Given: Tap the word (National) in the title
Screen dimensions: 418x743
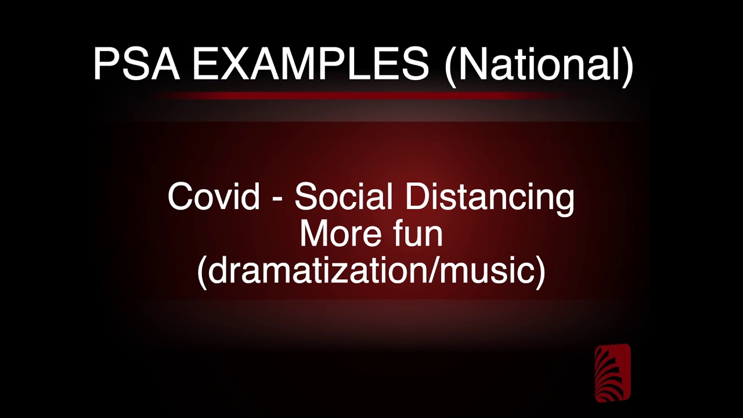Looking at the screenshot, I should click(539, 65).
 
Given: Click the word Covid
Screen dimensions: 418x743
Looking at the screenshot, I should click(214, 196).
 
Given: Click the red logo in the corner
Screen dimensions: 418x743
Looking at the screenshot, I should click(612, 373).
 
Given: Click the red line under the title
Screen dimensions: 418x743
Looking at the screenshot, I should click(371, 95).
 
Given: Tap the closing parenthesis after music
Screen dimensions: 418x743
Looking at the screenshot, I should click(539, 271).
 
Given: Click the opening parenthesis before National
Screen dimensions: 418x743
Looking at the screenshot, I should click(450, 65).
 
